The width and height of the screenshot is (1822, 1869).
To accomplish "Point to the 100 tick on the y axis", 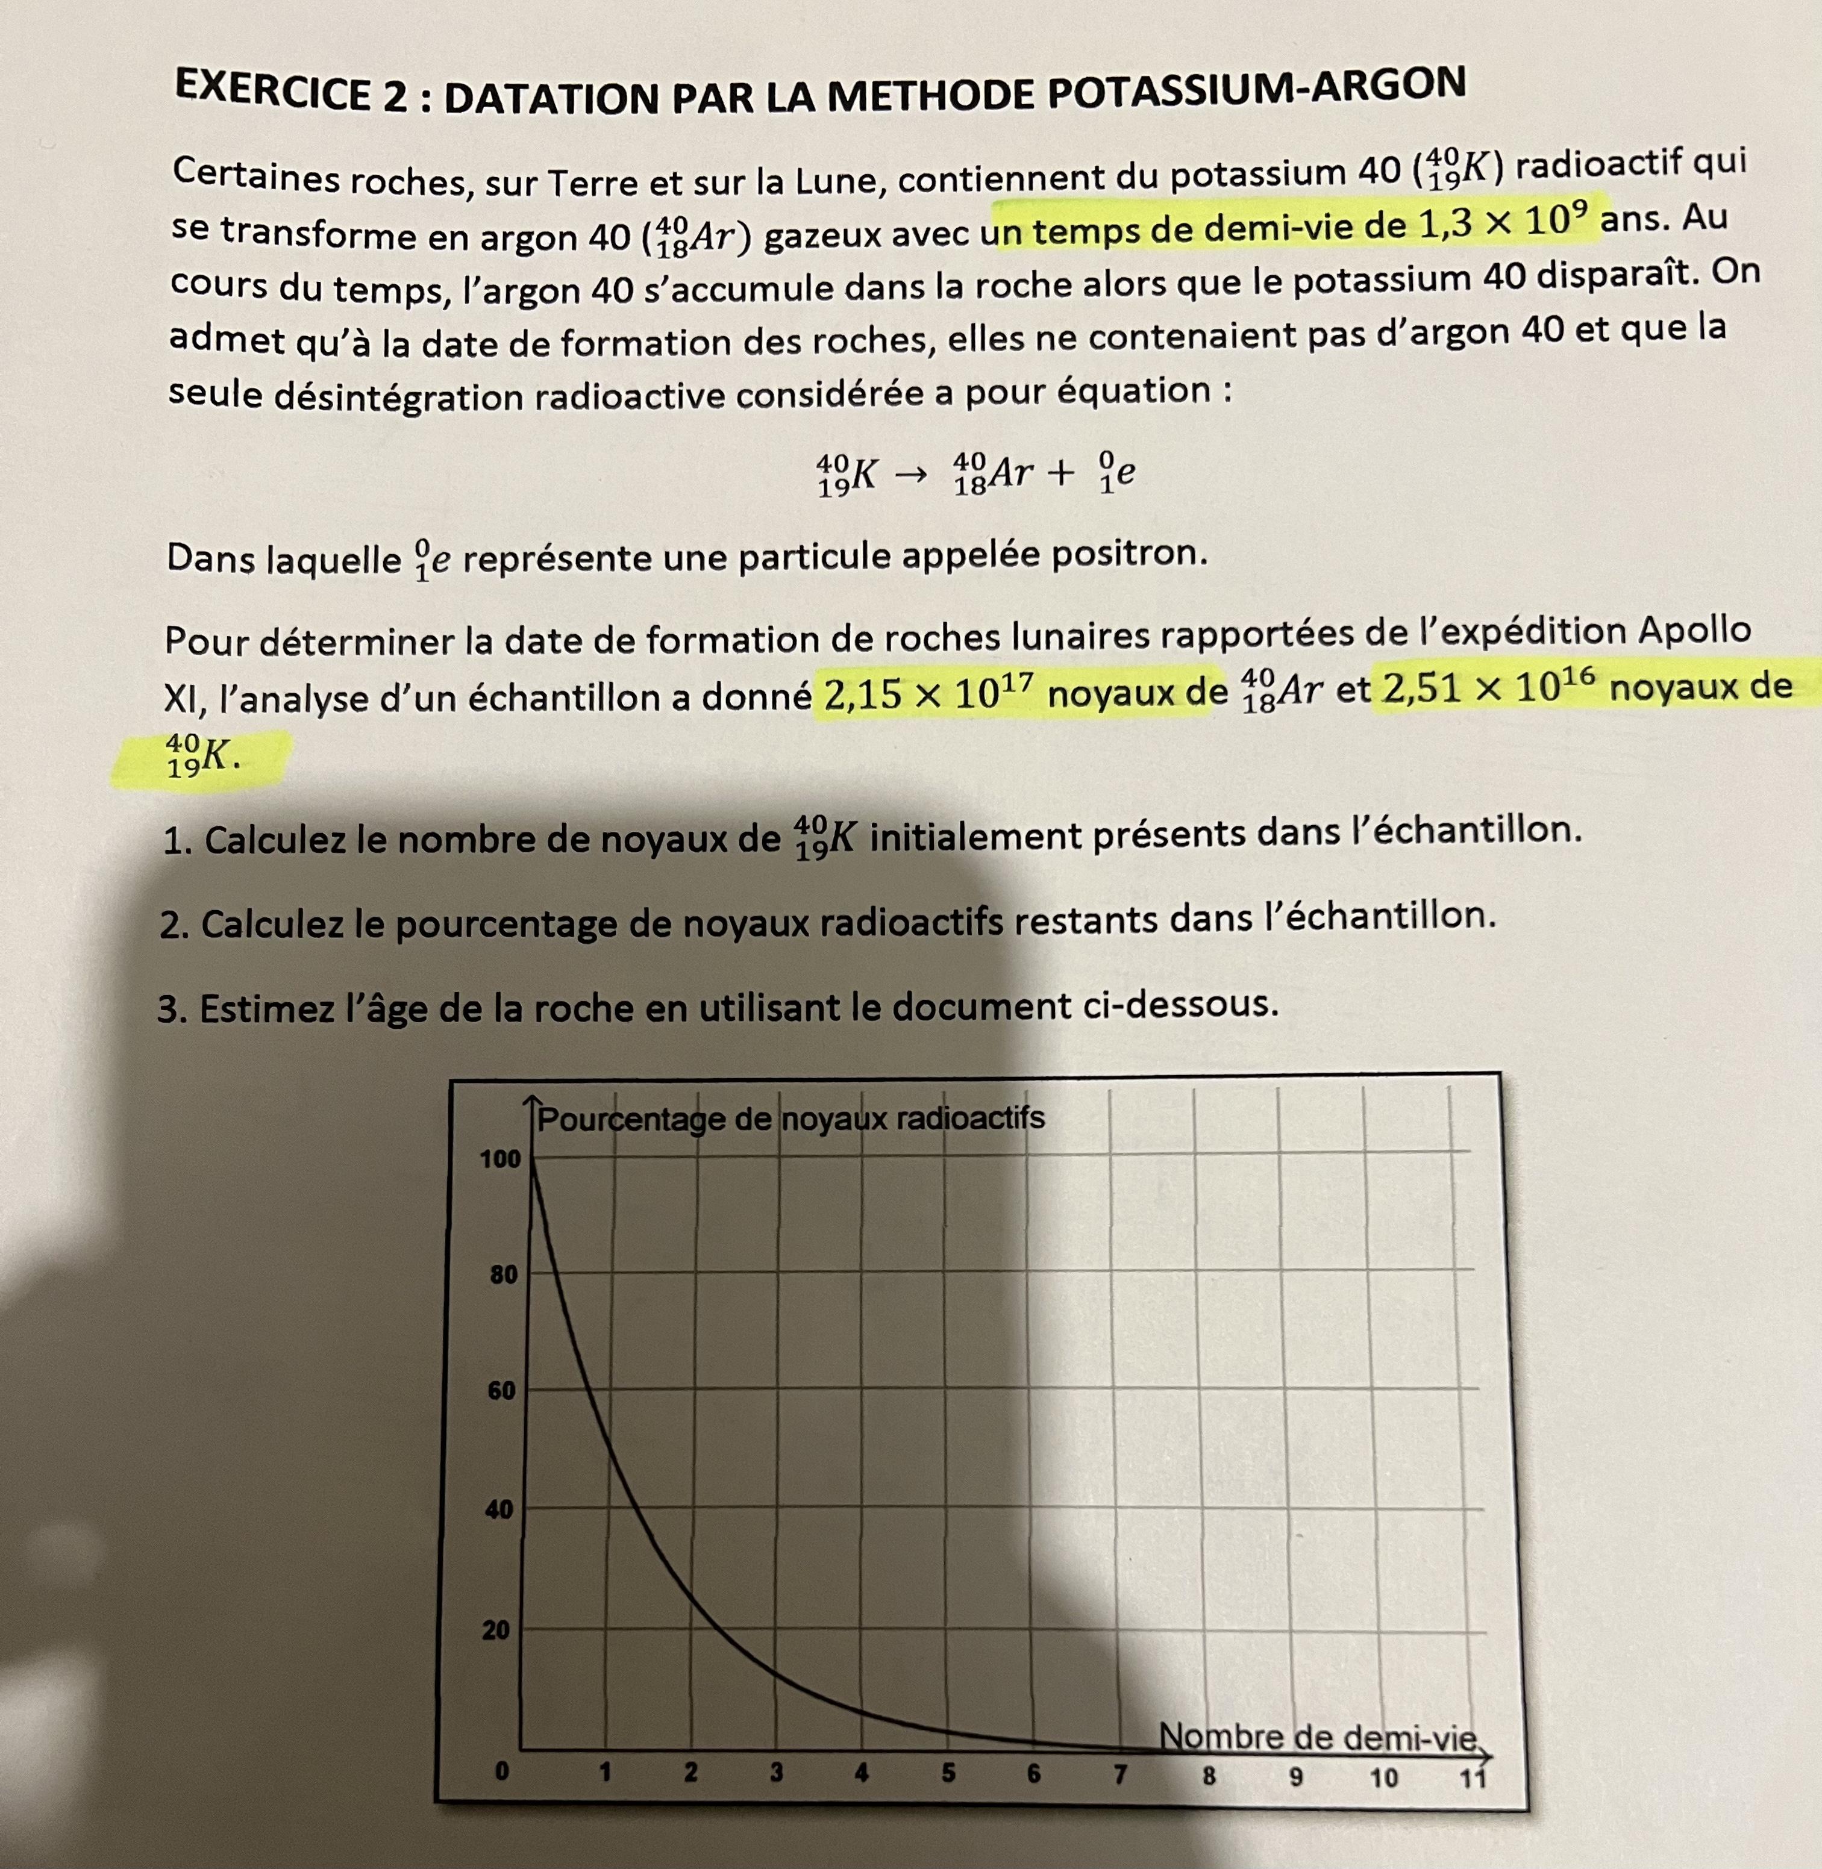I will pos(499,1159).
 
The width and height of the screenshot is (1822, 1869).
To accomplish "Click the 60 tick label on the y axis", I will pos(501,1391).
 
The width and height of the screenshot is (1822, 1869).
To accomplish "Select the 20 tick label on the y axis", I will pos(496,1630).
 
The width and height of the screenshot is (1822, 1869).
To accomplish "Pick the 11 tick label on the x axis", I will pos(1472,1778).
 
